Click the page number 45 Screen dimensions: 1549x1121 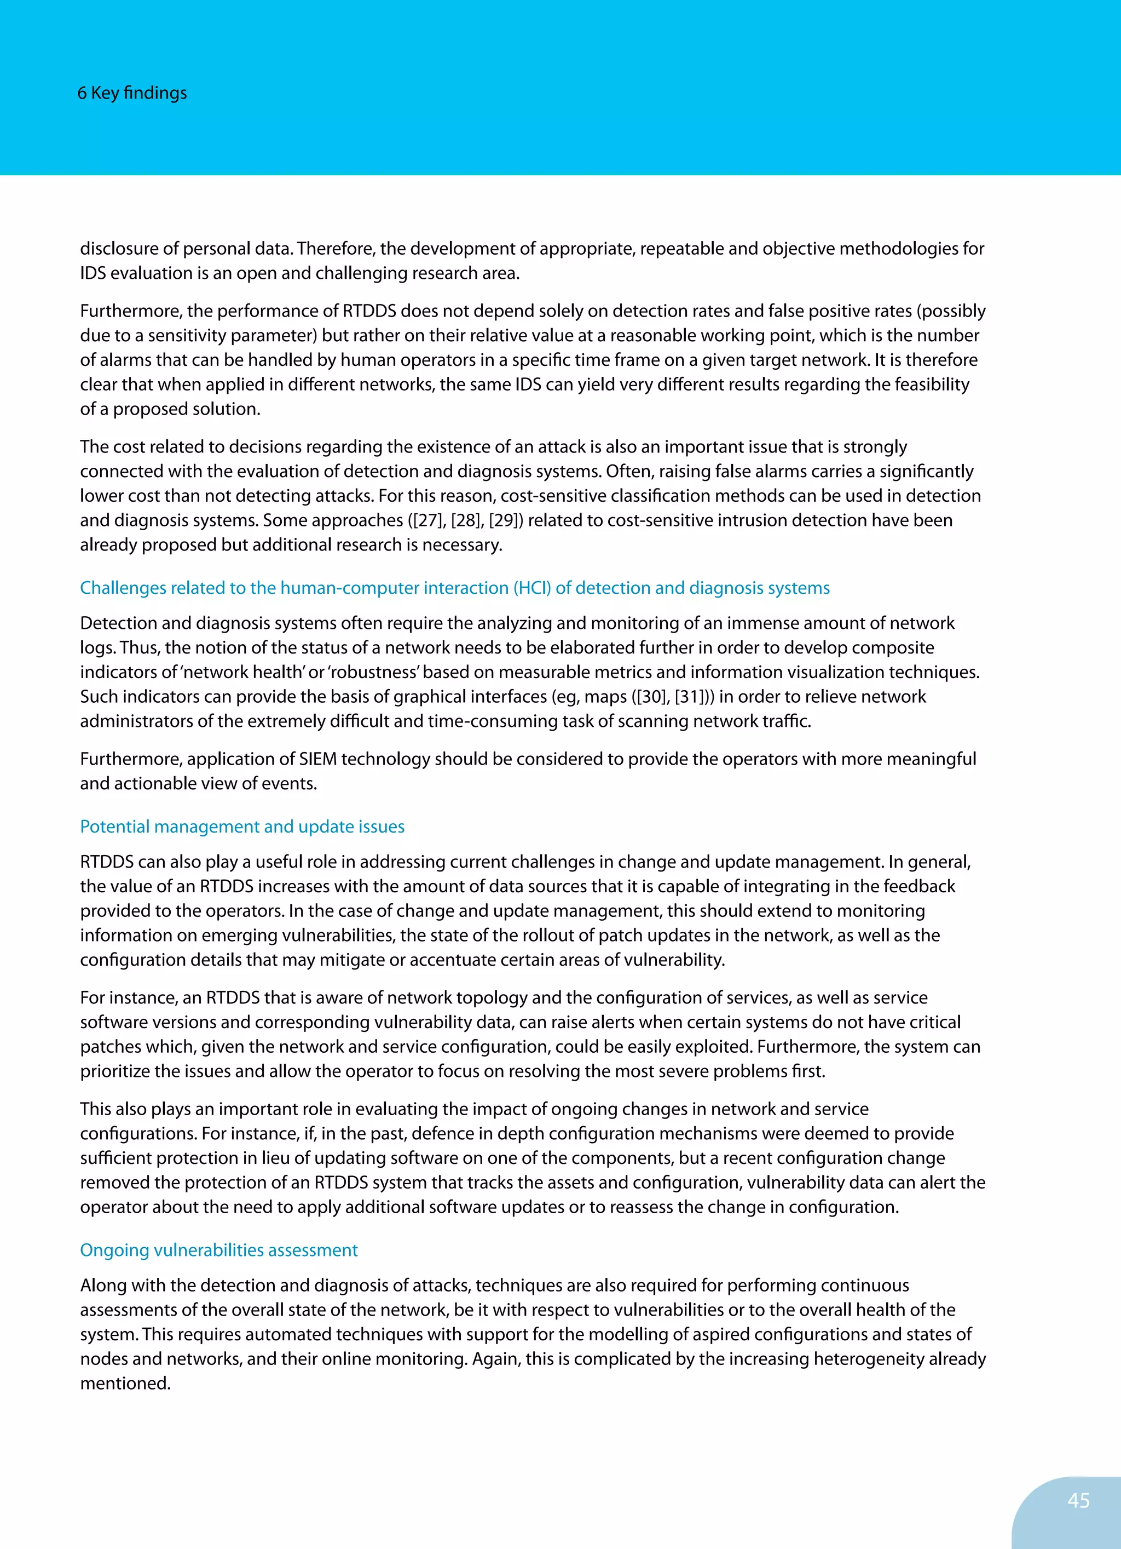coord(1078,1500)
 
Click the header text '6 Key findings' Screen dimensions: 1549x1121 coord(132,93)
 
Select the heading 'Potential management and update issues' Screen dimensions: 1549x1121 coord(242,827)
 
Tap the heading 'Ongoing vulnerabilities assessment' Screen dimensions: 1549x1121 coord(218,1250)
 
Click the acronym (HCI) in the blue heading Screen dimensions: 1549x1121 coord(532,588)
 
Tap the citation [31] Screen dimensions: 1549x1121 coord(690,697)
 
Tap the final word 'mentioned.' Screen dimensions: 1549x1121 coord(125,1383)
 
